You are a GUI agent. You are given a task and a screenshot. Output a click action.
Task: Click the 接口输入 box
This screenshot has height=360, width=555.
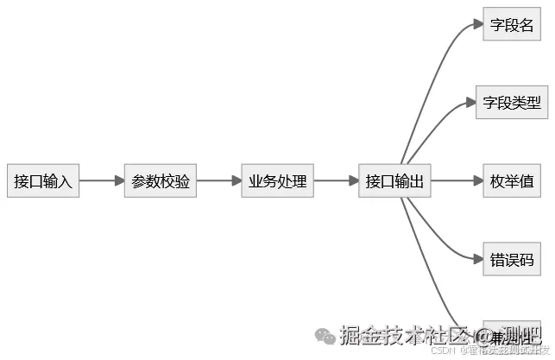click(x=43, y=181)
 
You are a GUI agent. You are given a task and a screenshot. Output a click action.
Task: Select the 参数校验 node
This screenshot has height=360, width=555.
click(x=161, y=181)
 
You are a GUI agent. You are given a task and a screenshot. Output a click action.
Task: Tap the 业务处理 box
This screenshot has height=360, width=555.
click(x=278, y=181)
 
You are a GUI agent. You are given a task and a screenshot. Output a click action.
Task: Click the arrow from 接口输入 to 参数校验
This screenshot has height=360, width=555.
click(x=102, y=181)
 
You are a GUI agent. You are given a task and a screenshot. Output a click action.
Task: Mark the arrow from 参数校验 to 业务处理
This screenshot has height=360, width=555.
click(x=219, y=181)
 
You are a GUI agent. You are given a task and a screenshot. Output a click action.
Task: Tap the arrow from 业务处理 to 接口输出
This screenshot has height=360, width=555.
click(x=337, y=181)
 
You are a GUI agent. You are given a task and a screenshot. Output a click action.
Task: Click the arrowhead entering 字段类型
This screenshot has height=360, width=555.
click(x=471, y=103)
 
